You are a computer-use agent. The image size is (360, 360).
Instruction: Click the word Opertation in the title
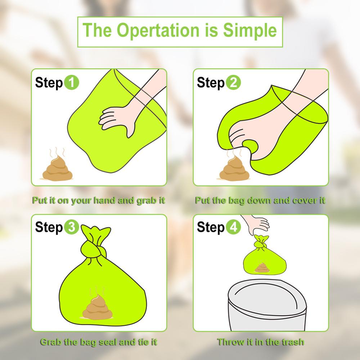tap(155, 30)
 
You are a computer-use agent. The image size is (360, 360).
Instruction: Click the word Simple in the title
tap(250, 30)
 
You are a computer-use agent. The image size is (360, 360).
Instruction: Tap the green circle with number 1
tap(71, 83)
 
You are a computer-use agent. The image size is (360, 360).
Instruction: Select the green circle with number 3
tap(71, 228)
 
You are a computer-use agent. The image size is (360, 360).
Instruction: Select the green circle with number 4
tap(233, 228)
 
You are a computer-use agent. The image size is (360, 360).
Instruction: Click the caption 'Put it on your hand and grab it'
tap(99, 200)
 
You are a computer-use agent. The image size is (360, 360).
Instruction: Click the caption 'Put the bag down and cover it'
tap(260, 200)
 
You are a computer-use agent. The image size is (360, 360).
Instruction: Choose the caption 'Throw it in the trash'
tap(260, 342)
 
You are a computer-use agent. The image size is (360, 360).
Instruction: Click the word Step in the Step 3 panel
tap(49, 228)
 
